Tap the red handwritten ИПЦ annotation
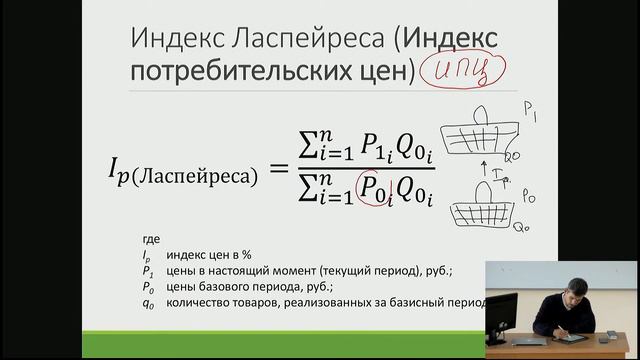click(463, 71)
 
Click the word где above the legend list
click(151, 240)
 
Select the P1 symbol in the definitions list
click(147, 271)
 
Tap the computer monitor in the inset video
click(502, 315)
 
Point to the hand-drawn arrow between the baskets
click(485, 173)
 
